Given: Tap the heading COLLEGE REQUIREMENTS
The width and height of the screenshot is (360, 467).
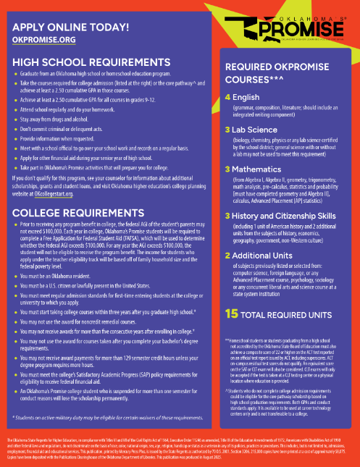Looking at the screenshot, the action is (x=67, y=193).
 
